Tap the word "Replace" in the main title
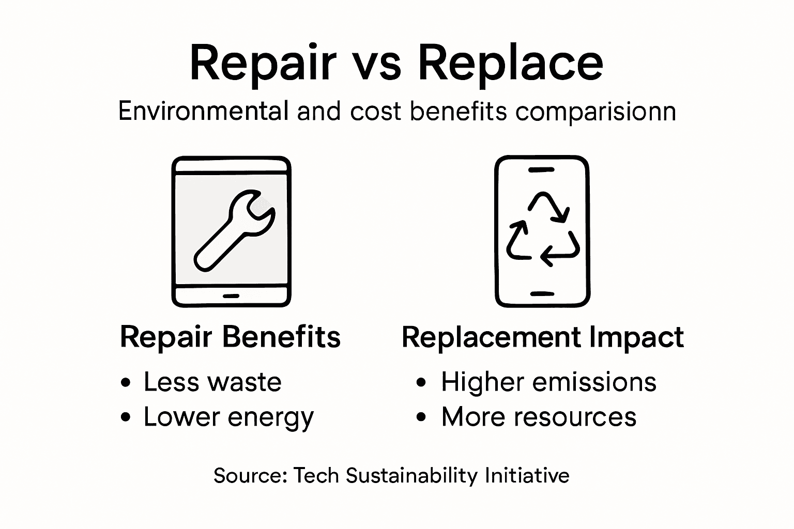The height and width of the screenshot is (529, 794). click(x=510, y=64)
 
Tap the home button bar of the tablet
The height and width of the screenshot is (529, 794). click(x=231, y=296)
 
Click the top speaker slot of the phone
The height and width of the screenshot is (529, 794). click(x=542, y=169)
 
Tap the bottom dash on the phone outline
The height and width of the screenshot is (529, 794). click(x=542, y=294)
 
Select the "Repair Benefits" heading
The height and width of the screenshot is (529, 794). click(x=230, y=337)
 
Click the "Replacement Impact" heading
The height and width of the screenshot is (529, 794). click(x=543, y=337)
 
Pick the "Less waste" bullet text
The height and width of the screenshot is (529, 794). click(x=212, y=382)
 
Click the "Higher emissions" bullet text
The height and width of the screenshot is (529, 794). click(x=548, y=382)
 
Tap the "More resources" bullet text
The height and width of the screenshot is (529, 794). click(x=539, y=417)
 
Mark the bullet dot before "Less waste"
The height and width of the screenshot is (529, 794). click(x=125, y=383)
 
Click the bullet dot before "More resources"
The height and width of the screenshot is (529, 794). click(x=422, y=417)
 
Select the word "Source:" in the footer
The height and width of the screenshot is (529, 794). click(x=250, y=475)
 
